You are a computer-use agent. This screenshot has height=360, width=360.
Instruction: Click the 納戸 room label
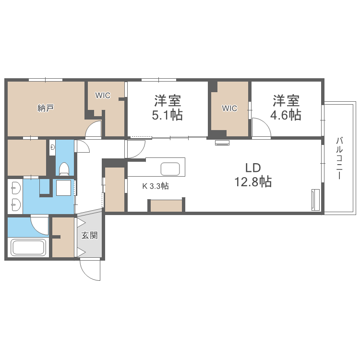click(x=45, y=108)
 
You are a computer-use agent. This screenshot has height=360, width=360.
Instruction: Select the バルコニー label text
click(x=340, y=158)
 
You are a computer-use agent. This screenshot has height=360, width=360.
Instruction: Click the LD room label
click(x=252, y=168)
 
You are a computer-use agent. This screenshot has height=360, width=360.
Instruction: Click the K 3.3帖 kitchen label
click(x=155, y=187)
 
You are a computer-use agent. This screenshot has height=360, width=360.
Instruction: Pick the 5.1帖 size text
click(x=167, y=115)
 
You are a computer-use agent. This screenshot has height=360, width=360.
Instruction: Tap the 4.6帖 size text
click(x=287, y=115)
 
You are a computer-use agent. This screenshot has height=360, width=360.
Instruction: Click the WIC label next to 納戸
click(x=103, y=96)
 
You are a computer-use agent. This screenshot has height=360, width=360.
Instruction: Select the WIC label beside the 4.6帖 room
click(x=229, y=108)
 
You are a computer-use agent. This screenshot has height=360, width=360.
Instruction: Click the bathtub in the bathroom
click(x=28, y=248)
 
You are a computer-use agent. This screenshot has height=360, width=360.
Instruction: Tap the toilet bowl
click(x=64, y=168)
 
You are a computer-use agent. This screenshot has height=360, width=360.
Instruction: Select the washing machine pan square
click(x=64, y=188)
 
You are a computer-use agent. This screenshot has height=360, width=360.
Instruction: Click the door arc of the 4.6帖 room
click(x=261, y=129)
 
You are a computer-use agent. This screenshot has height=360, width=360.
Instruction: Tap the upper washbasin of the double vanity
click(x=15, y=187)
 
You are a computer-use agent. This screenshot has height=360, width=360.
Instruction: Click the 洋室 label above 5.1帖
click(x=167, y=101)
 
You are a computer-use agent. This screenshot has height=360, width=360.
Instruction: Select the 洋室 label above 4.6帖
click(x=287, y=101)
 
